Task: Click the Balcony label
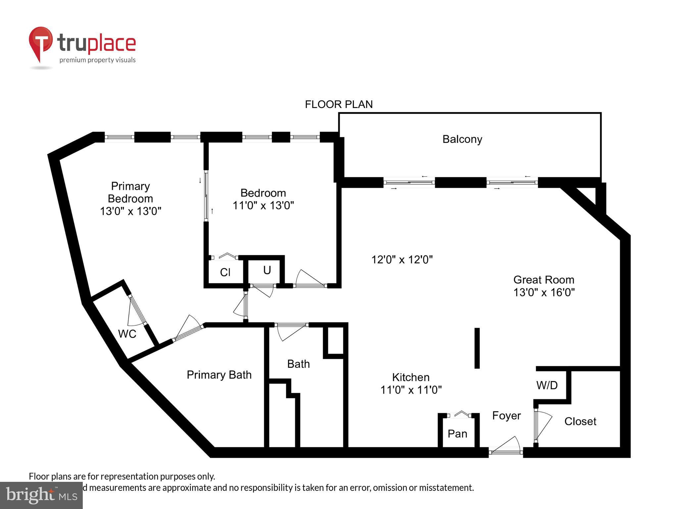coord(462,139)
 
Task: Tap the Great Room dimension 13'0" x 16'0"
coord(544,292)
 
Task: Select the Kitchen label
coord(411,377)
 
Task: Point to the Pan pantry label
coord(457,433)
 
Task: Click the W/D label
coord(547,385)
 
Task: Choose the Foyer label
coord(506,416)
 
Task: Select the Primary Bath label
coord(219,375)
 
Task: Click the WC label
coord(127,334)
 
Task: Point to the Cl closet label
coord(225,272)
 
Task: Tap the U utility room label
coord(267,270)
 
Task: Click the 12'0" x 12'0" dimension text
coord(402,259)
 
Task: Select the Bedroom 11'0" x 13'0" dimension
coord(263,205)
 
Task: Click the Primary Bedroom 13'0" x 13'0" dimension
coord(130,211)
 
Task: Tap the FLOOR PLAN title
coord(339,104)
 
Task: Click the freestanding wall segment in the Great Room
coord(477,348)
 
